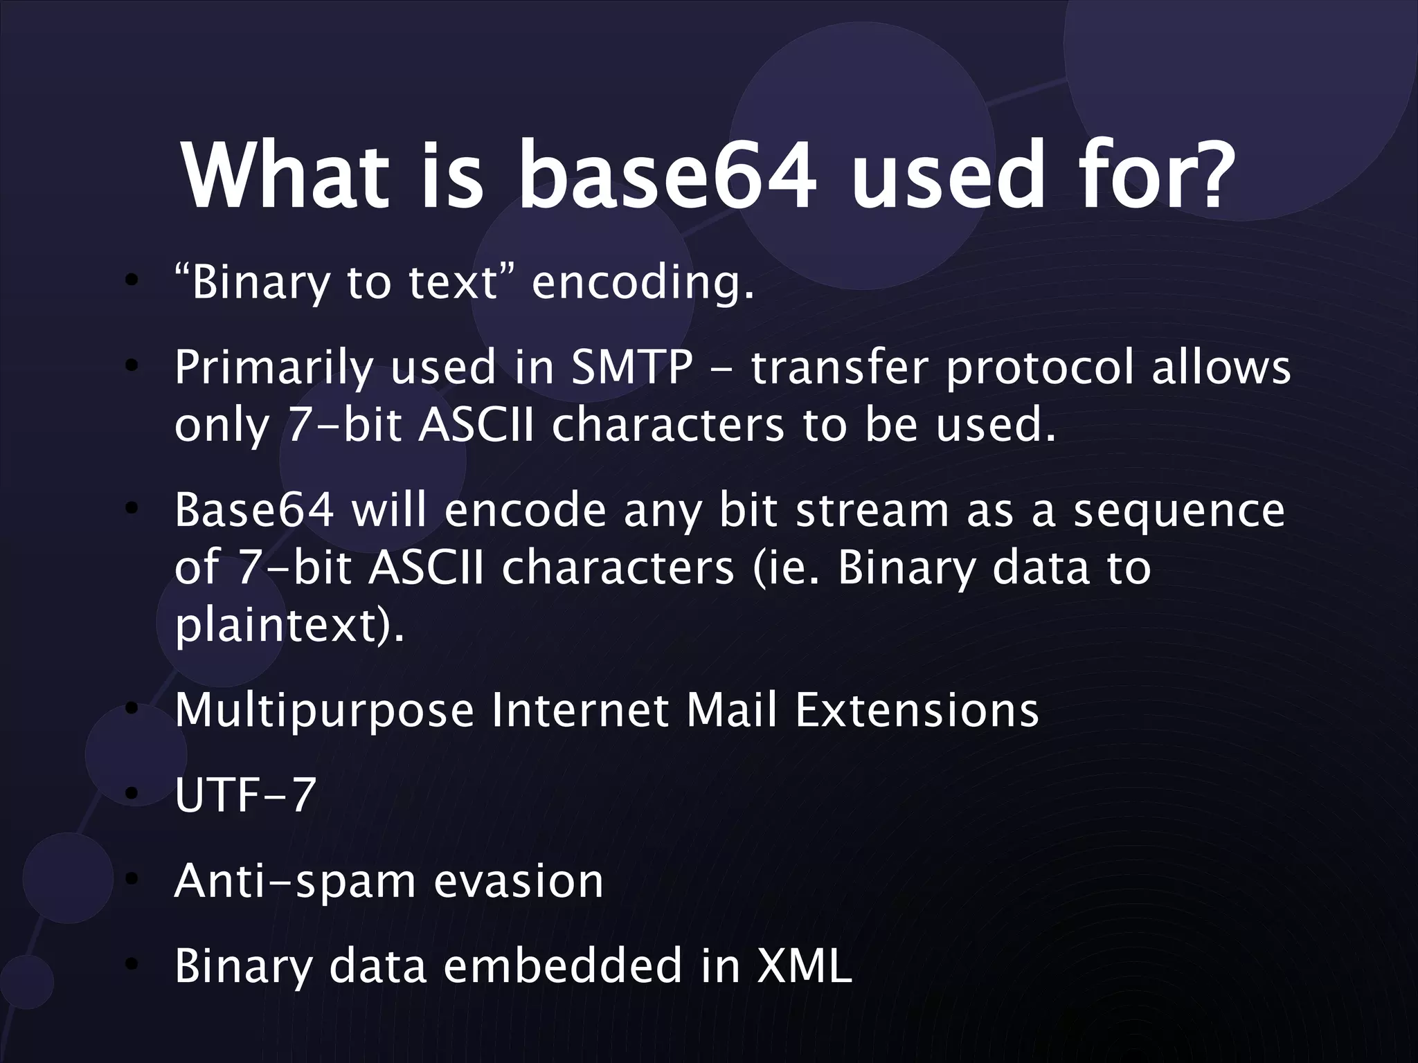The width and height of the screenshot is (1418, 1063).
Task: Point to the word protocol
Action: click(1040, 370)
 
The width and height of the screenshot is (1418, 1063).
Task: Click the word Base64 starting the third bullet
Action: click(254, 510)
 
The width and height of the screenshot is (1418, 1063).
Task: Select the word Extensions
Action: click(917, 710)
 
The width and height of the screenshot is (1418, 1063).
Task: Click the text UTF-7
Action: click(245, 795)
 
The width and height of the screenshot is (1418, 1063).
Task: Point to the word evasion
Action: click(519, 881)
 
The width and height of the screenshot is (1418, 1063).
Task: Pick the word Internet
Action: click(580, 710)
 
